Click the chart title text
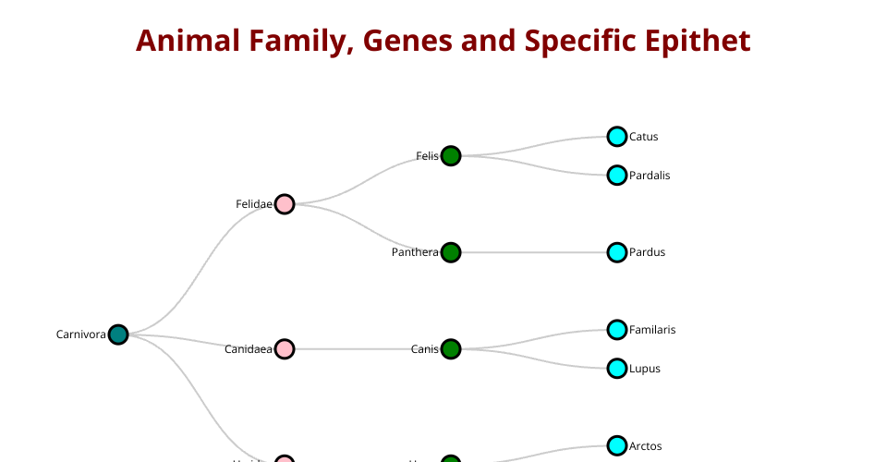443,42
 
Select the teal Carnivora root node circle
117,334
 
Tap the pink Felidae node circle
285,204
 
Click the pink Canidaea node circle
285,349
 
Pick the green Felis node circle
451,156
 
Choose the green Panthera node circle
451,252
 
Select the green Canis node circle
451,349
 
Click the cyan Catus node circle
617,137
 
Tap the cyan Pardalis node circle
617,176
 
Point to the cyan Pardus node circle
617,252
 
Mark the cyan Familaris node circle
617,330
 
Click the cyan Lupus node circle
617,369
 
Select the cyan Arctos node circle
617,446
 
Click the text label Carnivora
80,334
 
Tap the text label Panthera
415,252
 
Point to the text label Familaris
652,330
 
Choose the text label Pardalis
650,176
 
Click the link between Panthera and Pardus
534,252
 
